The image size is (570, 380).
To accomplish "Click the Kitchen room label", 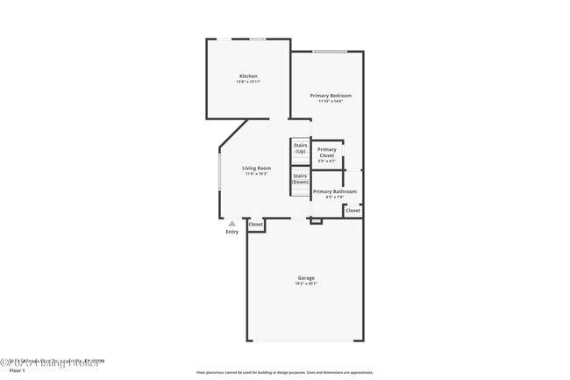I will point(248,76).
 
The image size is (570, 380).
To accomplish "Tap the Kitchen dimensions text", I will point(248,82).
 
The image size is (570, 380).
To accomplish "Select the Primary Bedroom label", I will point(331,95).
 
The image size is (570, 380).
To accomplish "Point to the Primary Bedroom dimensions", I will point(331,100).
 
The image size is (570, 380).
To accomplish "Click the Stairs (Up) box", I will point(300,148).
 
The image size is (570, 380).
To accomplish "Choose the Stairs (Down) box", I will point(300,178).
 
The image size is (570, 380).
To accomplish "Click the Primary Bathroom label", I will point(334,191).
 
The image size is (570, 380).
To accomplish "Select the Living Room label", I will point(257,168).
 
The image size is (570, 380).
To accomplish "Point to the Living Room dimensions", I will point(257,174).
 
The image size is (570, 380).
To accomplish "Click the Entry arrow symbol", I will point(232,223).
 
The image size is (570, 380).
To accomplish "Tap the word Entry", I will point(232,232).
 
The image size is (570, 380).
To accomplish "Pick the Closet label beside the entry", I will point(255,225).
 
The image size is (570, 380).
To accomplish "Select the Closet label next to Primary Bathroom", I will point(353,211).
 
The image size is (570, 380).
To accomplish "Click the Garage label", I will point(305,278).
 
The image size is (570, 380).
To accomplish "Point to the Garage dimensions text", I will point(305,283).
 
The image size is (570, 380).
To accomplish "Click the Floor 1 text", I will point(17,371).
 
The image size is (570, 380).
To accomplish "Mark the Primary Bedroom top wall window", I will point(329,51).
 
